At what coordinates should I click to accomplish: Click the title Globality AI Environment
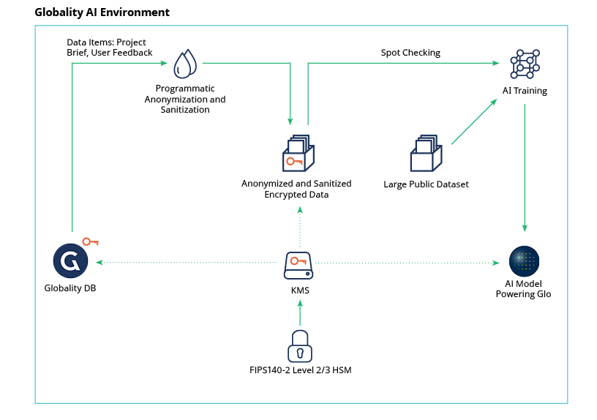click(102, 12)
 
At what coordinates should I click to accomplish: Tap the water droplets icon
click(184, 64)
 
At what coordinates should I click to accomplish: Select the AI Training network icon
click(525, 65)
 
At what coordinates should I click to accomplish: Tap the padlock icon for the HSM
click(298, 345)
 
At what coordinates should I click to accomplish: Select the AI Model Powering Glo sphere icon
click(525, 261)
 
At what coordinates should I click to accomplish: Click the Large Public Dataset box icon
click(427, 153)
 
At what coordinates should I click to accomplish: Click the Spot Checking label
click(410, 53)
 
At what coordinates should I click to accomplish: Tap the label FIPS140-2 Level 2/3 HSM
click(300, 370)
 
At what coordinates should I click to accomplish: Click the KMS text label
click(300, 290)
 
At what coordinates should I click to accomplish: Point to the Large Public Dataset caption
click(426, 184)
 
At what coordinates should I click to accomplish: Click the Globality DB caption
click(70, 288)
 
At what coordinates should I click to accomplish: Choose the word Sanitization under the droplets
click(185, 110)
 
